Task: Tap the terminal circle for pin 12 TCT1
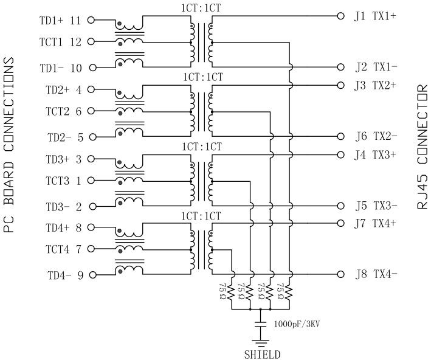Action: [x=92, y=42]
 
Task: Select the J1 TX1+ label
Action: [x=376, y=16]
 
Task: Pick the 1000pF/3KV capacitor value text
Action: [x=297, y=324]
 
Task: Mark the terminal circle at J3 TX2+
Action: [x=341, y=85]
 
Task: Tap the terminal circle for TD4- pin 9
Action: [x=92, y=275]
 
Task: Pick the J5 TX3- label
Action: [x=376, y=205]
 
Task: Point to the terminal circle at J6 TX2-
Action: [x=341, y=136]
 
